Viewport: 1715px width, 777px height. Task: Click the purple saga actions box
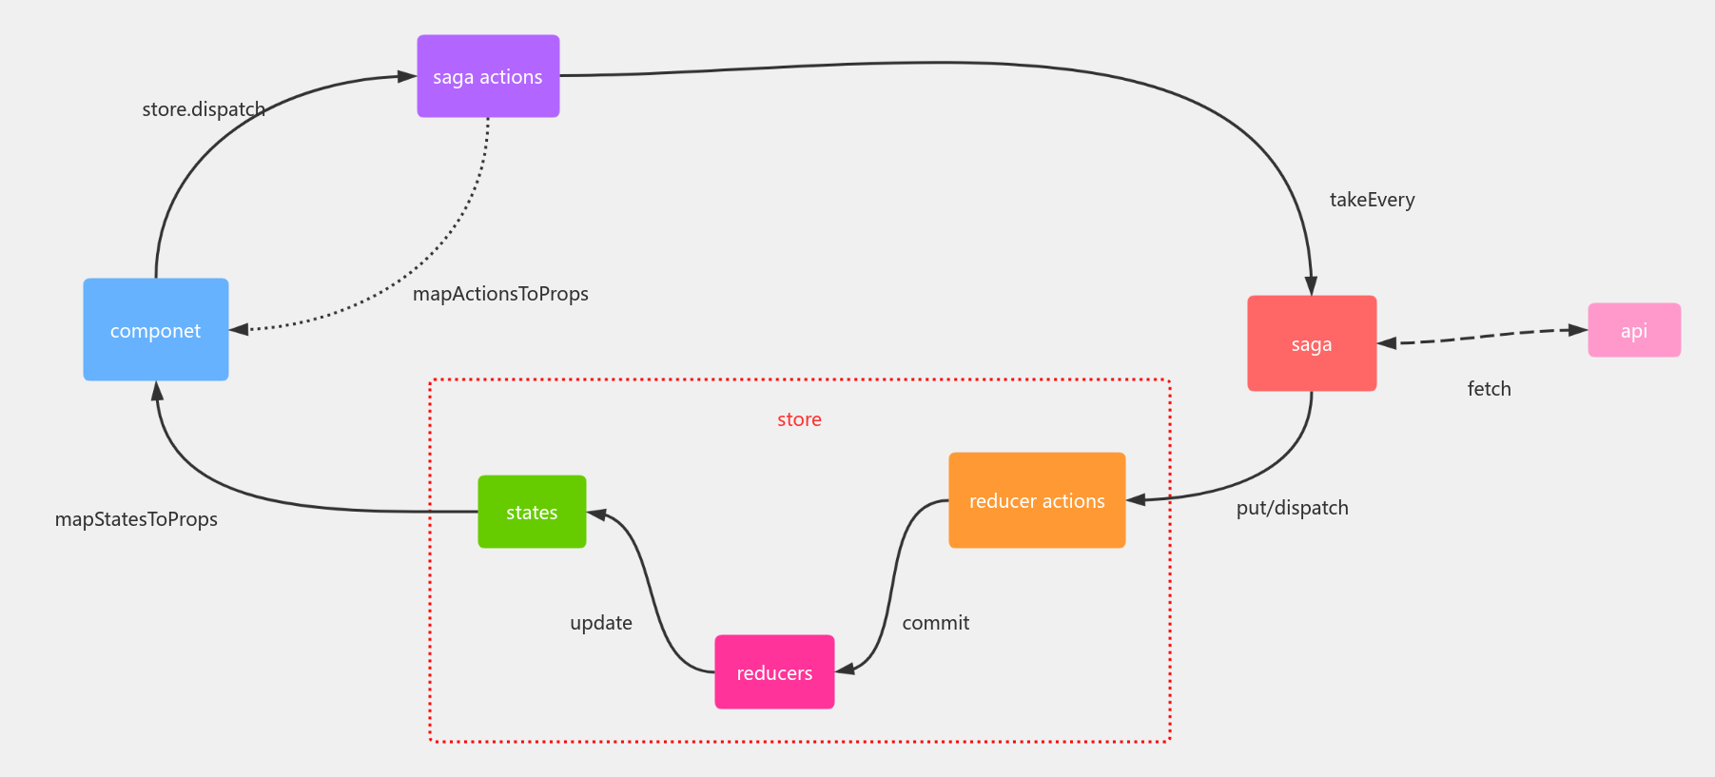pyautogui.click(x=488, y=76)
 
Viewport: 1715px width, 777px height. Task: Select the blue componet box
pyautogui.click(x=156, y=330)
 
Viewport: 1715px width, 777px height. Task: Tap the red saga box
pyautogui.click(x=1312, y=343)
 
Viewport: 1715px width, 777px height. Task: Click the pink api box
pyautogui.click(x=1634, y=330)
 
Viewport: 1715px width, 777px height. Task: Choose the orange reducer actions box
pyautogui.click(x=1037, y=500)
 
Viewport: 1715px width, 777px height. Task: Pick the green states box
pyautogui.click(x=532, y=512)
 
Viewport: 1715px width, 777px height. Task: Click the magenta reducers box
pyautogui.click(x=774, y=672)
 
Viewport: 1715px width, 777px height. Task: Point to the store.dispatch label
pyautogui.click(x=204, y=109)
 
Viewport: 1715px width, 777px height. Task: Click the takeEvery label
pyautogui.click(x=1372, y=200)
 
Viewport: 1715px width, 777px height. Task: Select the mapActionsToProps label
pyautogui.click(x=500, y=294)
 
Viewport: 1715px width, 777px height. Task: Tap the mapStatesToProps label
pyautogui.click(x=136, y=519)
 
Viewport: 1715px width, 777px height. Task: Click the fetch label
pyautogui.click(x=1489, y=389)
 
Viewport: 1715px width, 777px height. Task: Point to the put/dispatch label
pyautogui.click(x=1292, y=508)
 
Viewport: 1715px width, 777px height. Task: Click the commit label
pyautogui.click(x=935, y=623)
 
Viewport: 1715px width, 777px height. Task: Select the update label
pyautogui.click(x=600, y=623)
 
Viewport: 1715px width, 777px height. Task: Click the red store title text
pyautogui.click(x=799, y=419)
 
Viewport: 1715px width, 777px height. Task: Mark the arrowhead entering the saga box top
pyautogui.click(x=1311, y=285)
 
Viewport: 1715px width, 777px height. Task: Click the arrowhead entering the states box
pyautogui.click(x=597, y=514)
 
